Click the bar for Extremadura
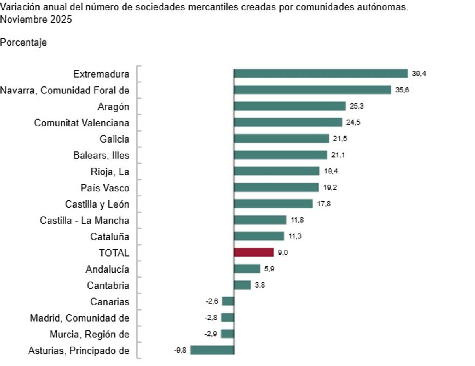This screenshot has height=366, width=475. click(x=321, y=74)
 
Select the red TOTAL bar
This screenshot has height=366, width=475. click(x=254, y=253)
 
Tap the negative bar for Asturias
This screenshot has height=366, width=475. click(x=213, y=350)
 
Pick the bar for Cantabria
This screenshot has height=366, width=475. click(x=242, y=285)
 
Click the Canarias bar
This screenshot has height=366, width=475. click(x=228, y=301)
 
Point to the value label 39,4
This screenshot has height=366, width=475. click(x=418, y=74)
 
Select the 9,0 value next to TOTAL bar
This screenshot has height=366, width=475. click(x=283, y=253)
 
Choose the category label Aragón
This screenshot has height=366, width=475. click(x=113, y=107)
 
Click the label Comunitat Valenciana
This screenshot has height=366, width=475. click(x=82, y=123)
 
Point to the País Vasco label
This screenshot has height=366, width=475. click(x=105, y=187)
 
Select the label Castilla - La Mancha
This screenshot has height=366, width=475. click(x=85, y=220)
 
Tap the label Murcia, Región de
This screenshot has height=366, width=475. click(x=89, y=334)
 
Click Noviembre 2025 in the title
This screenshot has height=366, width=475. click(x=36, y=19)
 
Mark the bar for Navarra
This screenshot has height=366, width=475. click(x=312, y=90)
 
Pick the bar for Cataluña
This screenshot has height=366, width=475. click(x=259, y=236)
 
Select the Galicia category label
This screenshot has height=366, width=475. click(x=115, y=139)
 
